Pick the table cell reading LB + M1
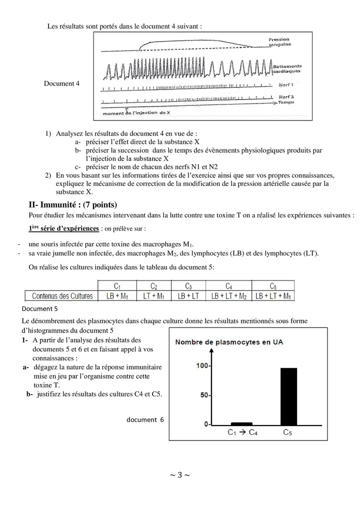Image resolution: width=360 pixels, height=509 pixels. [x=116, y=296]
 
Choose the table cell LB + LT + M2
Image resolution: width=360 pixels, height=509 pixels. [x=228, y=296]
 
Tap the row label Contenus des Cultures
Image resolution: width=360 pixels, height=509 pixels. [x=62, y=296]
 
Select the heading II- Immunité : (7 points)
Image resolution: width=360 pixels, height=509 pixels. [x=73, y=204]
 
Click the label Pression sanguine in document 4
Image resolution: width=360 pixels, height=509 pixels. [x=280, y=42]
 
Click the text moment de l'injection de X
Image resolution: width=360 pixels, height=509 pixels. [x=136, y=113]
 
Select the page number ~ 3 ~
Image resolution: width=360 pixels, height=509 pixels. [x=180, y=474]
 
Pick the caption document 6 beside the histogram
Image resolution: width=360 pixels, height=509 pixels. [x=144, y=419]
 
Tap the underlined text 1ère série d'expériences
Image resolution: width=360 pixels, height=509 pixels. [x=64, y=229]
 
